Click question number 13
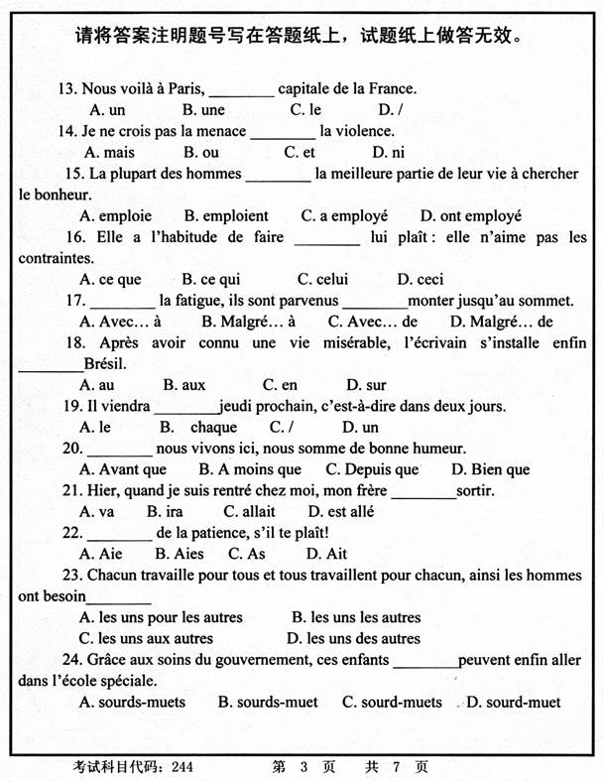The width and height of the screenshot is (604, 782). [x=68, y=87]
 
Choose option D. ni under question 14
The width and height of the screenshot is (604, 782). [x=388, y=152]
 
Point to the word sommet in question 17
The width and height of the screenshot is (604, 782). [x=546, y=300]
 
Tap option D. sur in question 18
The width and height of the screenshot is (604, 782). [x=366, y=384]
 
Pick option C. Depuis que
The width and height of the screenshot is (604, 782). [x=372, y=469]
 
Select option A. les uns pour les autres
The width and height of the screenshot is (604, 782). [x=160, y=617]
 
